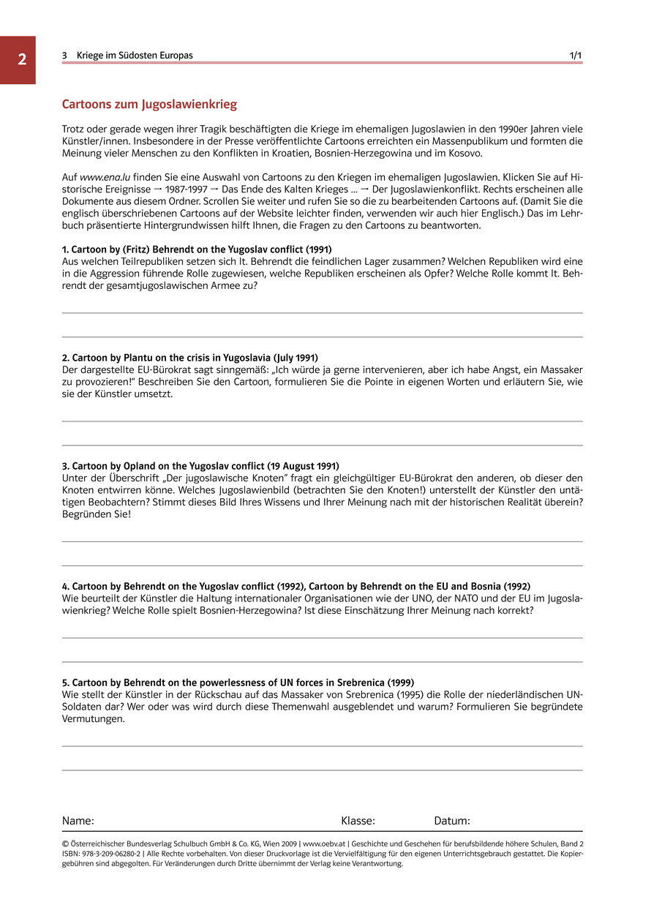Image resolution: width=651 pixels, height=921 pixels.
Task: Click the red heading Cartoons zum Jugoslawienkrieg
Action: tap(149, 105)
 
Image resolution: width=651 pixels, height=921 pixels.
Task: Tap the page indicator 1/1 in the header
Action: tap(576, 56)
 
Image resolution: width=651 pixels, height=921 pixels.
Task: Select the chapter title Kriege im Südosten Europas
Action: tap(135, 56)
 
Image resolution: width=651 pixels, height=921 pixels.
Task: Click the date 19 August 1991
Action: tap(301, 466)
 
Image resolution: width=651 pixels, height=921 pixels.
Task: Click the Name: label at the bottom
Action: tap(78, 821)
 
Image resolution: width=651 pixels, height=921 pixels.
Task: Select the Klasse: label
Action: tap(358, 821)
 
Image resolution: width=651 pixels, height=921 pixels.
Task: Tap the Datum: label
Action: tap(452, 821)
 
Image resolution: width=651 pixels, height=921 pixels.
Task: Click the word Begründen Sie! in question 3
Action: tap(95, 514)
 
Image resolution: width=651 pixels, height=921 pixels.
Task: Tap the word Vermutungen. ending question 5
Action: tap(94, 719)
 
